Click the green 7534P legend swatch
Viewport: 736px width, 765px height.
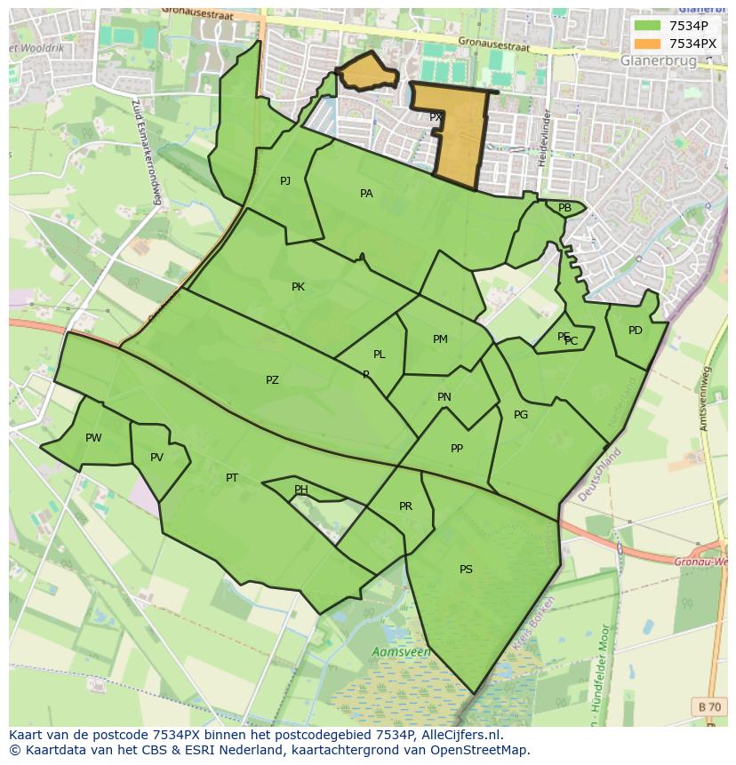648,26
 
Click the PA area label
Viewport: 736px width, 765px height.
366,194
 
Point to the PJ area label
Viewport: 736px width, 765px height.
285,181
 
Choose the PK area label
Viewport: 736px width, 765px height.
298,287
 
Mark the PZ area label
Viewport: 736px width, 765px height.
272,380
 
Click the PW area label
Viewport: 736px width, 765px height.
93,438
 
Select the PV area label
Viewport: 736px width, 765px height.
156,458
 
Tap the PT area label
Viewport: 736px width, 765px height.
232,478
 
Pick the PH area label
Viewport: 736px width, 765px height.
301,490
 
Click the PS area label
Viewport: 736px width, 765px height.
466,570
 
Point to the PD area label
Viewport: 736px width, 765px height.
635,331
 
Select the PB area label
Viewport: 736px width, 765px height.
564,208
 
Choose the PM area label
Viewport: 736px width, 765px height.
440,339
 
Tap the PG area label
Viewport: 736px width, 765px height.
521,415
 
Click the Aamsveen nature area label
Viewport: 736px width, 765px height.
401,652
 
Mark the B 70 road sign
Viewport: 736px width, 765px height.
709,707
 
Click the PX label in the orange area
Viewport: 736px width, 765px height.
436,117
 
